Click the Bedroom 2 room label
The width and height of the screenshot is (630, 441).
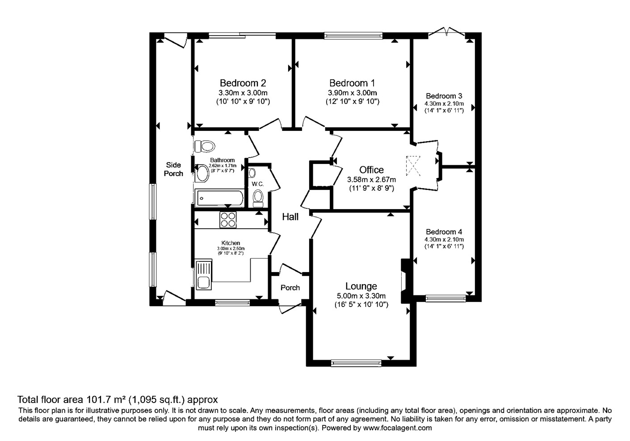(243, 83)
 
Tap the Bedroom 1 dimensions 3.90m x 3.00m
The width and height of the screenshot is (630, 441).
(353, 93)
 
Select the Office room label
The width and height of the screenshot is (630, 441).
(371, 170)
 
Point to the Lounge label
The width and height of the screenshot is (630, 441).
(361, 286)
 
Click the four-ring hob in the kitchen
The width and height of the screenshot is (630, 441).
(228, 220)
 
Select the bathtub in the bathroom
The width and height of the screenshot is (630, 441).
(219, 198)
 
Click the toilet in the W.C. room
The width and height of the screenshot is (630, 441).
(258, 196)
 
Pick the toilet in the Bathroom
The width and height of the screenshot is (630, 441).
(205, 146)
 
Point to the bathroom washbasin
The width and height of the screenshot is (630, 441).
(202, 173)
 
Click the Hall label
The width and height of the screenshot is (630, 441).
(290, 217)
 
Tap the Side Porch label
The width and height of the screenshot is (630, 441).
(173, 169)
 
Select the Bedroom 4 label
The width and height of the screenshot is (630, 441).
(444, 232)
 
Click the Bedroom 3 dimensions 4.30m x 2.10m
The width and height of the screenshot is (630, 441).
(444, 104)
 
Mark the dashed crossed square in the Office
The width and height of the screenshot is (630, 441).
(413, 166)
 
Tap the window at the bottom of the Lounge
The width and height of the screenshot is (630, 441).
(356, 363)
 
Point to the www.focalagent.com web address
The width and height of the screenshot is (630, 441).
(397, 428)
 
